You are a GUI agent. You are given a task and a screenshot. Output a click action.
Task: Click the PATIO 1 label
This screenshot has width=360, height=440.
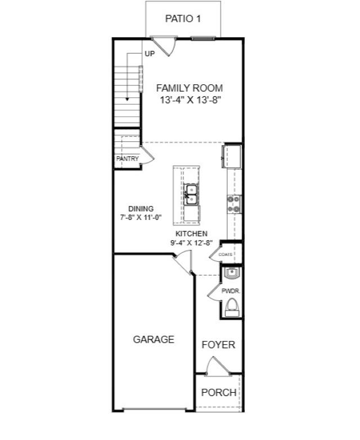point(183,19)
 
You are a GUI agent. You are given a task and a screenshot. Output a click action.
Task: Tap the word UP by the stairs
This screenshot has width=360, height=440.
point(150,54)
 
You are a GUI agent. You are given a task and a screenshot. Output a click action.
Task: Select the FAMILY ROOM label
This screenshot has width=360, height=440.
point(189,88)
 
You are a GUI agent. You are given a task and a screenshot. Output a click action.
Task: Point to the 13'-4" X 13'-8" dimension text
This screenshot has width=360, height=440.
point(189,100)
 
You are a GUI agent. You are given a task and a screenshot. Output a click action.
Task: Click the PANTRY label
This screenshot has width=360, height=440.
point(127,159)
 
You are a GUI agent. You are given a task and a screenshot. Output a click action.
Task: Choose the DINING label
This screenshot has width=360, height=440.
point(141,209)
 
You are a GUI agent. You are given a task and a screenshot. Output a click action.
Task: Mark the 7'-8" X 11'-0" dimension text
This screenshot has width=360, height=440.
point(141,217)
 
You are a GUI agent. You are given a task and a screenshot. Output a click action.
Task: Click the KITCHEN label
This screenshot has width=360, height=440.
point(191,234)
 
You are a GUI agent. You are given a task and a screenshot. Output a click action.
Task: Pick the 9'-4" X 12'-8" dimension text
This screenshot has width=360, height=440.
point(191,243)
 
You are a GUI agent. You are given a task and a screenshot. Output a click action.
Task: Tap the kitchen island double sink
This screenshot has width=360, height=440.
point(191,195)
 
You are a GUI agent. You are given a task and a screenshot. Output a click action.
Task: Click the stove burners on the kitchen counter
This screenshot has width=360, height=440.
point(233,204)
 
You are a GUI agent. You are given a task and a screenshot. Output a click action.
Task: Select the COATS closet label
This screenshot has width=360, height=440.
point(226,254)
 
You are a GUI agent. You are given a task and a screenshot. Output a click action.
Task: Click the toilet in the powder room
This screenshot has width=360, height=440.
point(231,307)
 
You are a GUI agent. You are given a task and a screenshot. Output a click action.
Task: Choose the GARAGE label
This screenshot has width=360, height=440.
point(154,339)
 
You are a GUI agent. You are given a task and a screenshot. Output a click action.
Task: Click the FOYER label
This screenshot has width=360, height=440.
point(218,345)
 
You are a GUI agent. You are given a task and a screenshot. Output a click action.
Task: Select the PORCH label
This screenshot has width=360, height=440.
point(218,392)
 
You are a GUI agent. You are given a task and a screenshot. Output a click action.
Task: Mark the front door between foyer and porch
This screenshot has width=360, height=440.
point(217,368)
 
